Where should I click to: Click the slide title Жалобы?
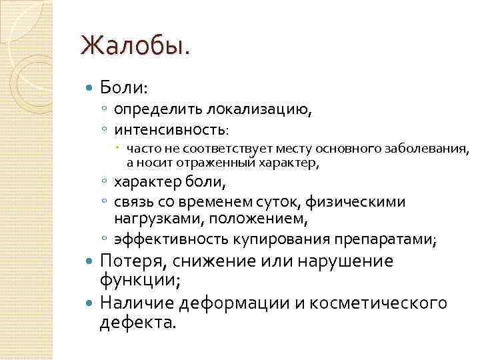[135, 47]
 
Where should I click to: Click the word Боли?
[125, 87]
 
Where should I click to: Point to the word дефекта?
[139, 323]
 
